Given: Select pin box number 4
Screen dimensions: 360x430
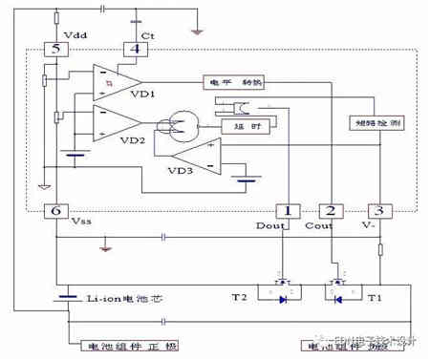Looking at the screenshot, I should point(138,49).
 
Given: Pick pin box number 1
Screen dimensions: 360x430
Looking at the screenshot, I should point(284,210).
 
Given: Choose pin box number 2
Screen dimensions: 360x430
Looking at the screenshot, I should point(332,210).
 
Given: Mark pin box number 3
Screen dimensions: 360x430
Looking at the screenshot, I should point(379,210).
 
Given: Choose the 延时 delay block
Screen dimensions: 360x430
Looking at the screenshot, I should point(244,124).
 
